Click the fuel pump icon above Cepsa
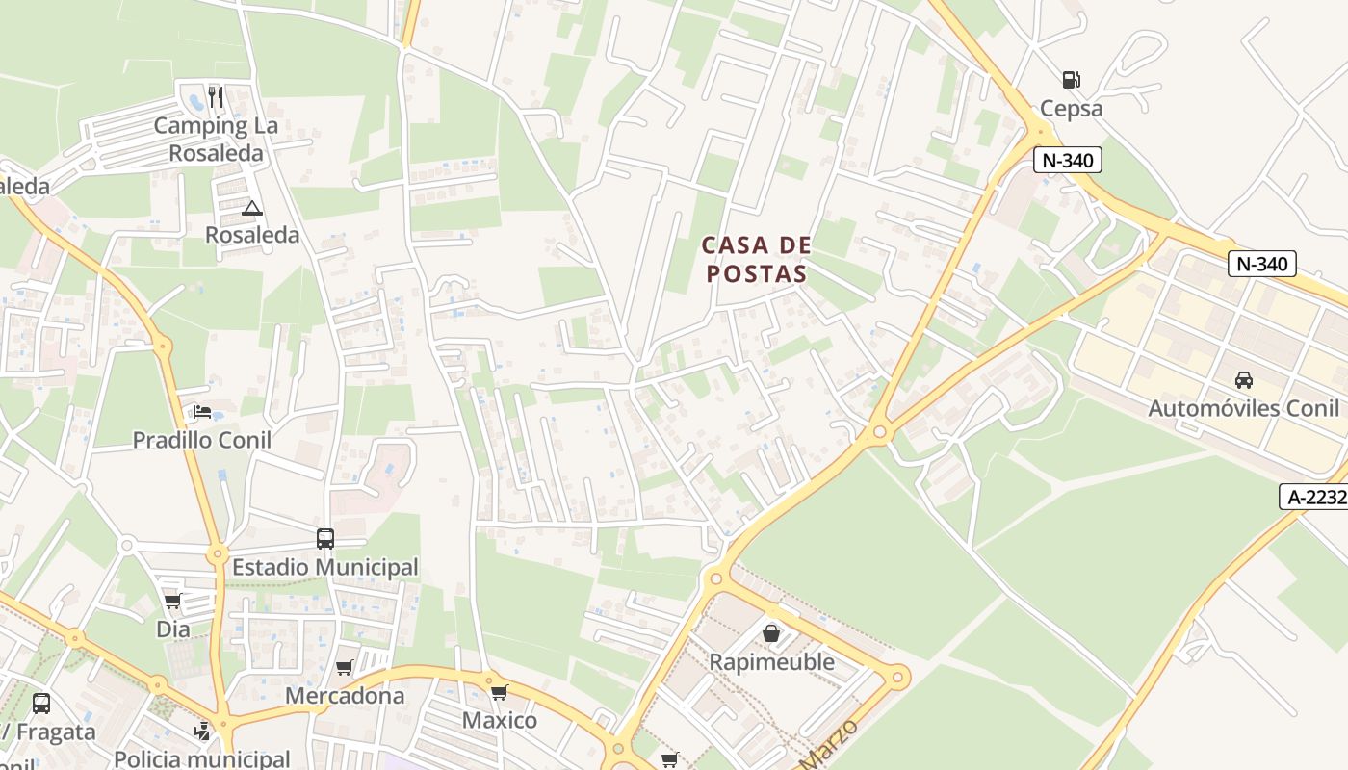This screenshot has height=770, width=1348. (x=1071, y=80)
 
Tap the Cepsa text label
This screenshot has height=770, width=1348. (x=1072, y=109)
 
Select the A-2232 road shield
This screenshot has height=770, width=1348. (x=1312, y=497)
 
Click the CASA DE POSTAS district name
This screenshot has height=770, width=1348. (x=756, y=260)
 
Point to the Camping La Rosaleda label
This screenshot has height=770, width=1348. (x=216, y=140)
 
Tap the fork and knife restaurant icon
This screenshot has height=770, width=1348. (x=216, y=97)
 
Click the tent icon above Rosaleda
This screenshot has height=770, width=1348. (x=252, y=208)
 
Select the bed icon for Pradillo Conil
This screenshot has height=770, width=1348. (x=202, y=412)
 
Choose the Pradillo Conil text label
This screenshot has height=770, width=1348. (x=201, y=440)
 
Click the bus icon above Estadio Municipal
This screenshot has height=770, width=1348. (x=325, y=539)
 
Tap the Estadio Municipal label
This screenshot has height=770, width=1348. (x=325, y=568)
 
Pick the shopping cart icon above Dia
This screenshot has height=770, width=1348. (x=172, y=602)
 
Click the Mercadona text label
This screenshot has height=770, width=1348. (x=345, y=695)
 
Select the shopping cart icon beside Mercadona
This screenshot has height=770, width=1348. (x=345, y=667)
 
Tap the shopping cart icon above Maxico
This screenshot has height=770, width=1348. (x=499, y=692)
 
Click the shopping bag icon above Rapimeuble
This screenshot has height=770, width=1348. (x=771, y=633)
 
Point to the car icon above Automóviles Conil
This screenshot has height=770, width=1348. (x=1244, y=379)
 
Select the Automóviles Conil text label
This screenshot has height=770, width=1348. (x=1243, y=408)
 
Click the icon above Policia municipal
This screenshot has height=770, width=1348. (x=201, y=732)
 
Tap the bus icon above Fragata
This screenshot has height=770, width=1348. (x=41, y=704)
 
